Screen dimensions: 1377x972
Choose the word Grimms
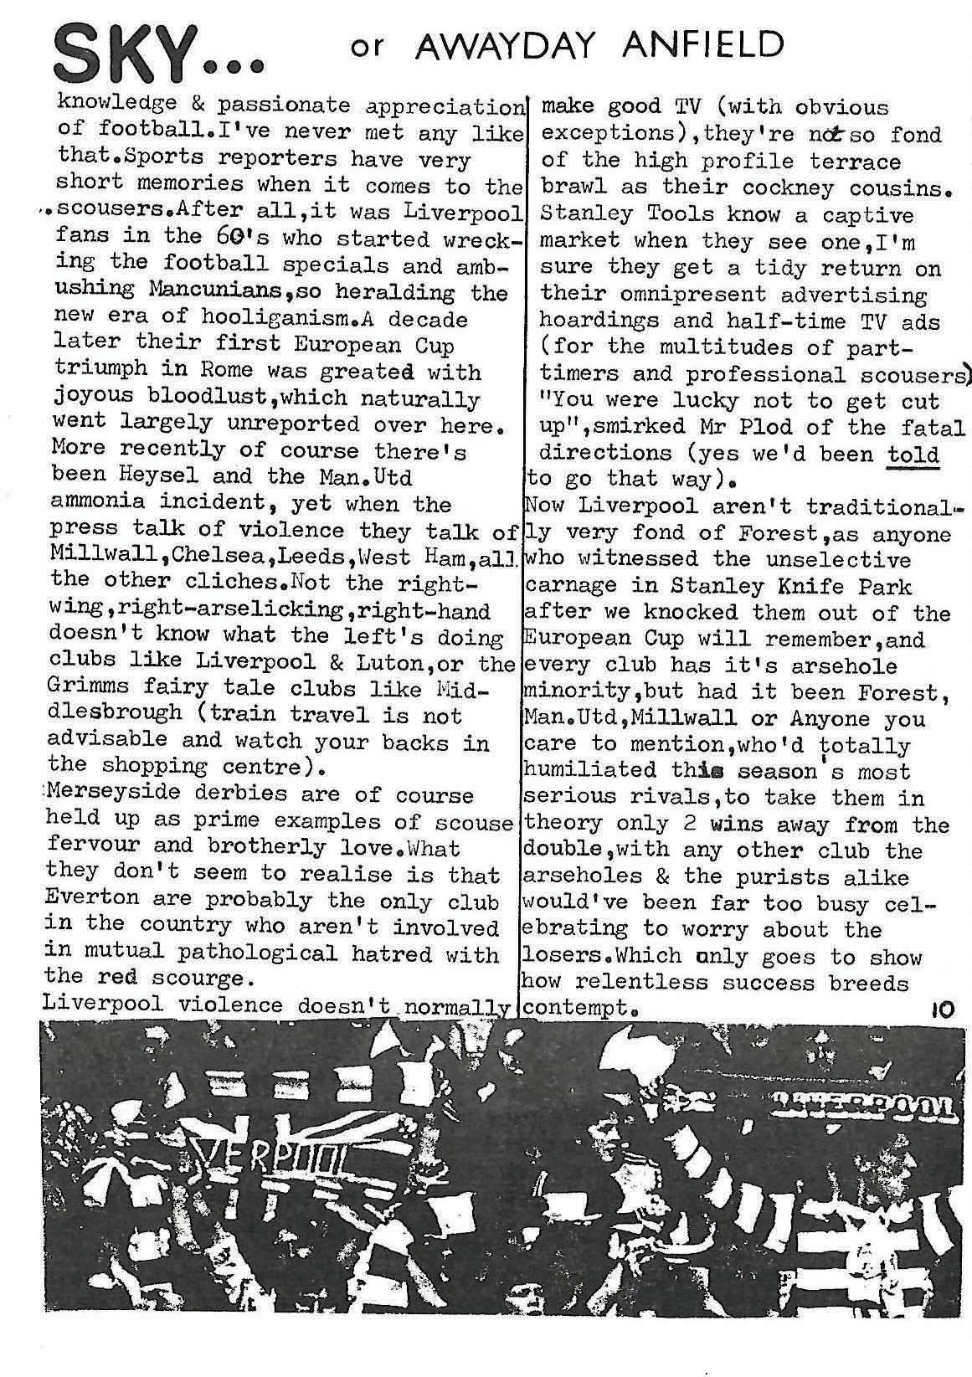tap(91, 689)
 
